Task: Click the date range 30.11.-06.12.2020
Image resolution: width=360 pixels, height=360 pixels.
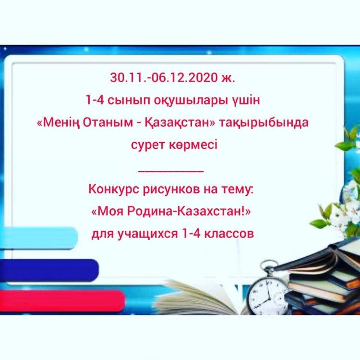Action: tap(164, 78)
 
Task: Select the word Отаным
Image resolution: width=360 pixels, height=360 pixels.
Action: tap(108, 122)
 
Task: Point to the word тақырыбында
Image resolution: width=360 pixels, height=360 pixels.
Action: tap(263, 123)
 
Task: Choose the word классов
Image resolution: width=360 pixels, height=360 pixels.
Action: tap(229, 234)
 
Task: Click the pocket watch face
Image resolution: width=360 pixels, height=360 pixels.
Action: tap(267, 296)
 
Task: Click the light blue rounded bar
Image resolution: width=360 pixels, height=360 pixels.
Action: tap(38, 238)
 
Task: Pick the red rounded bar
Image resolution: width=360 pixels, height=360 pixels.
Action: tap(62, 301)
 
